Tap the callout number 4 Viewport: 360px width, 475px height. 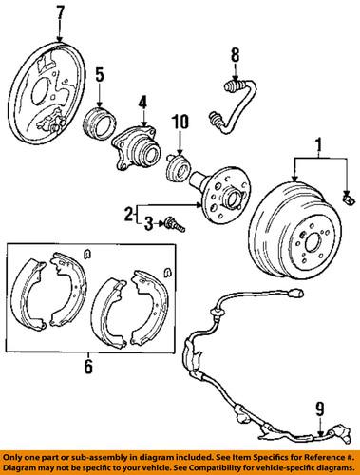coord(142,102)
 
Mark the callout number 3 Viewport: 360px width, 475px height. coord(147,224)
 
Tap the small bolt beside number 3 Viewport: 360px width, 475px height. coord(170,225)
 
